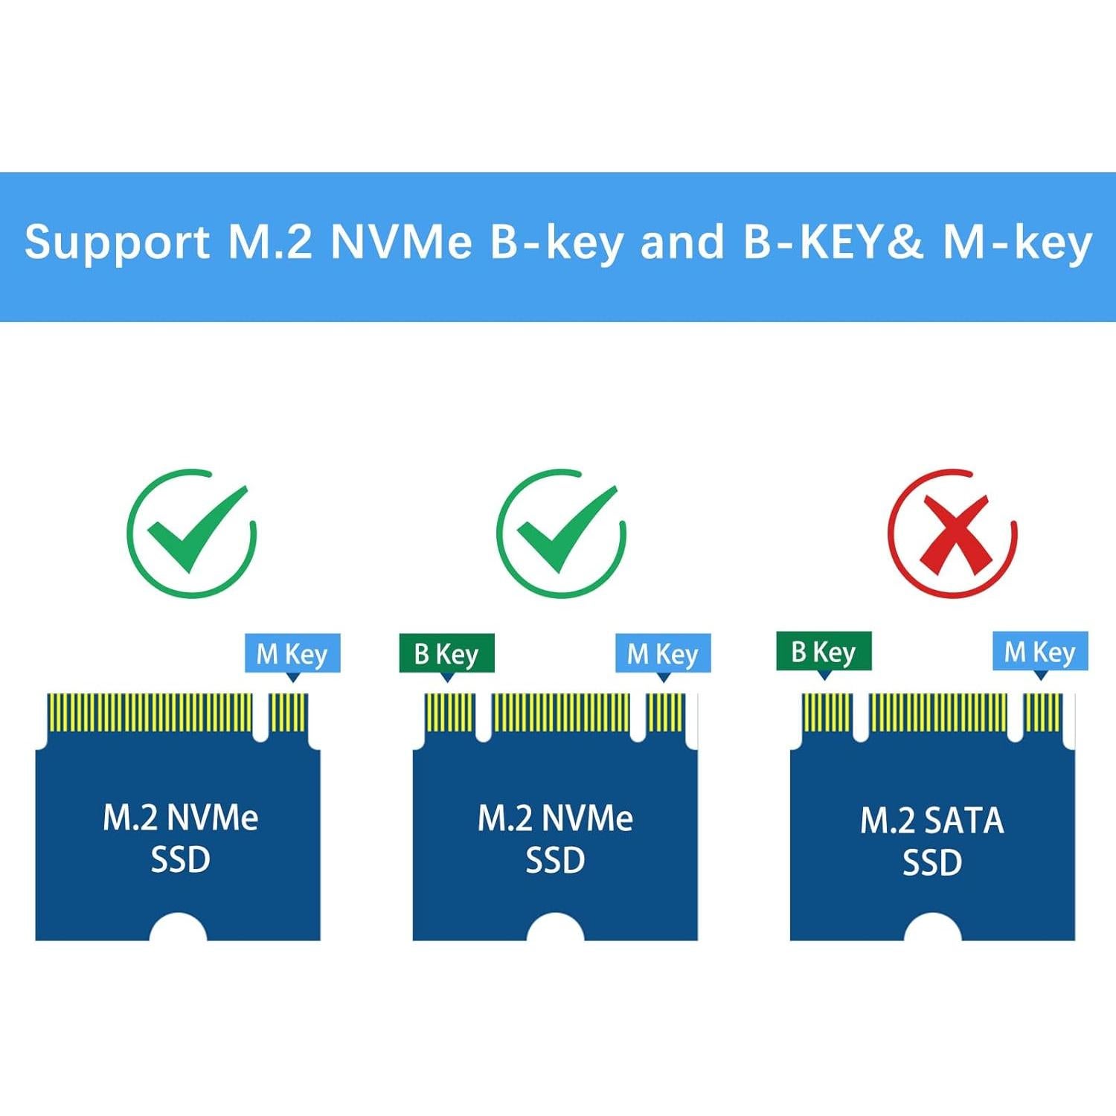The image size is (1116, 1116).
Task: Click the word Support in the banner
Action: coord(118,243)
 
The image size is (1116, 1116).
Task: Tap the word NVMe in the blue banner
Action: coord(402,242)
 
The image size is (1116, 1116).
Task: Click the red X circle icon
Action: coord(952,533)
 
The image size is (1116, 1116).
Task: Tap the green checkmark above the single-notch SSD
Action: coord(192,533)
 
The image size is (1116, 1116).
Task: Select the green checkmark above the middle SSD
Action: coord(561,533)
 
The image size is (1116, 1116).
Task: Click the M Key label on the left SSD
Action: coord(292,654)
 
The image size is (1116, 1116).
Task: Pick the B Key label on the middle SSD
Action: coord(446,654)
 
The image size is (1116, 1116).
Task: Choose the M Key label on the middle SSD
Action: coord(663,654)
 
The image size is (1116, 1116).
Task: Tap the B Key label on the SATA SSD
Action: coord(824,652)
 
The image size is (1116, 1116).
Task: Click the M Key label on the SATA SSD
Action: coord(1040,652)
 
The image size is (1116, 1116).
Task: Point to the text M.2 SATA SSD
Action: coord(932,841)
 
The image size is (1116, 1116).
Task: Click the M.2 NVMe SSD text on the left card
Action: coord(180,838)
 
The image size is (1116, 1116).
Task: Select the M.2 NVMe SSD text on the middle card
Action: coord(555,838)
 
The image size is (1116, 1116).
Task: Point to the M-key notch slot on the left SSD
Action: coord(260,718)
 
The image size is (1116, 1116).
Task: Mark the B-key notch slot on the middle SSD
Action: coord(484,718)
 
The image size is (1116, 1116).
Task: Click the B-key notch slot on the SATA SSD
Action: coord(861,718)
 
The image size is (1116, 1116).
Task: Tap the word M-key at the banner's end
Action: coord(1017,243)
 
